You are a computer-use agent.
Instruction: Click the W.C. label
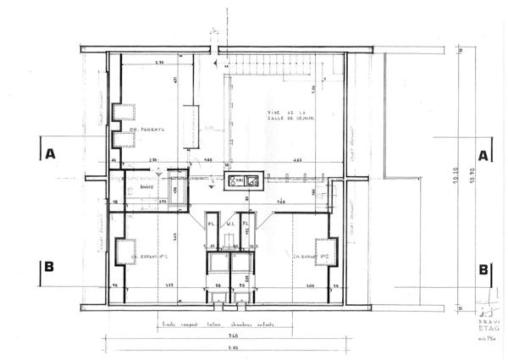point(229,224)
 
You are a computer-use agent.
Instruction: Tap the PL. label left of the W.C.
point(213,224)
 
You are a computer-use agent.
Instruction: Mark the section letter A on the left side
point(50,154)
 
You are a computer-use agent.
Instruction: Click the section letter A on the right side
point(484,156)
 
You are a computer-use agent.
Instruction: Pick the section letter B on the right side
point(484,269)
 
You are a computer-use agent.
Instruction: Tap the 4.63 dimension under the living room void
point(298,160)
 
